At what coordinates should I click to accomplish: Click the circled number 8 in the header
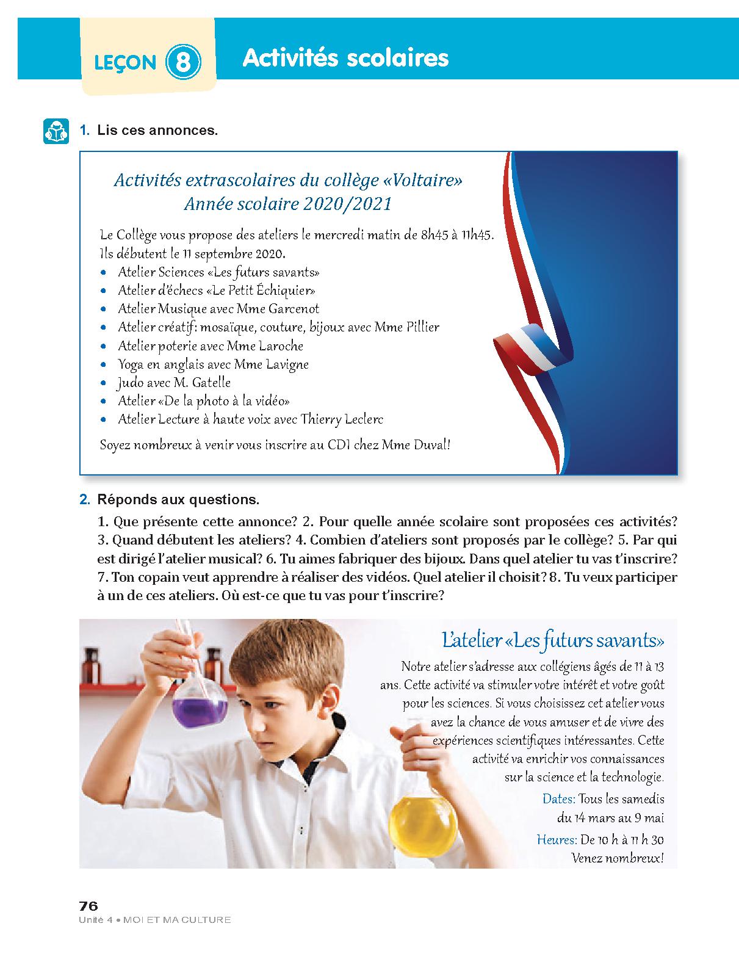(182, 62)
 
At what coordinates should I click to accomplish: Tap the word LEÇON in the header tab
(125, 63)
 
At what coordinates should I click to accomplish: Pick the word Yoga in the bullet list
(131, 364)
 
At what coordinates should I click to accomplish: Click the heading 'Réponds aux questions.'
(178, 499)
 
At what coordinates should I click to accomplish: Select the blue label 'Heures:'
(557, 839)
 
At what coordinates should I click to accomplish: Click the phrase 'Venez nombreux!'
(617, 858)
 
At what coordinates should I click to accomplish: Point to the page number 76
(88, 905)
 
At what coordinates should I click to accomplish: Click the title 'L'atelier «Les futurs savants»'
(553, 641)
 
